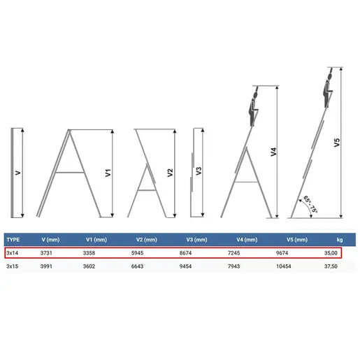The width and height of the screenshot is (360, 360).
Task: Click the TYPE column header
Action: (13, 240)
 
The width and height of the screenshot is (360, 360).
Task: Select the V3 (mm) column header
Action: (196, 240)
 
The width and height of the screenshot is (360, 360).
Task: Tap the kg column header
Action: (340, 240)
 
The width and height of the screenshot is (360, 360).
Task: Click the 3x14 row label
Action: (12, 253)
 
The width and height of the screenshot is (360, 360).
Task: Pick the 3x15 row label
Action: (12, 266)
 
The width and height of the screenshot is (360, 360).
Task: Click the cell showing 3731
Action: (46, 253)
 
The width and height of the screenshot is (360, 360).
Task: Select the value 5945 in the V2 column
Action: (137, 253)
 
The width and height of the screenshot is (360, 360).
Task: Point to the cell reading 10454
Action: (284, 266)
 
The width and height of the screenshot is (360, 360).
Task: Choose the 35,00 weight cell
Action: (331, 253)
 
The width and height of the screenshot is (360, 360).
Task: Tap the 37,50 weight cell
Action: (331, 266)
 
